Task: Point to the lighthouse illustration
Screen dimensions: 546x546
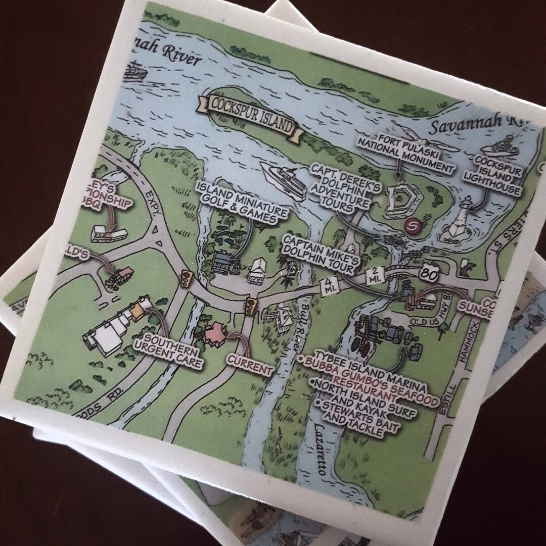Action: (462, 223)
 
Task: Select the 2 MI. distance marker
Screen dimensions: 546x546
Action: (376, 277)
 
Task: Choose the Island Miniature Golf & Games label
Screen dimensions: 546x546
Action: (241, 203)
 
